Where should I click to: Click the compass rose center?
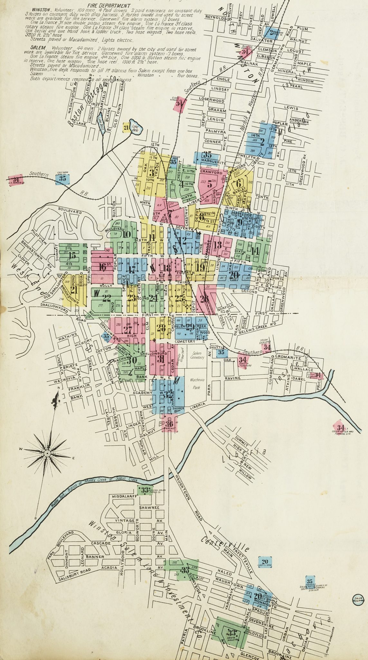pyautogui.click(x=47, y=453)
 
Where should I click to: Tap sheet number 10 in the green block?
pyautogui.click(x=127, y=234)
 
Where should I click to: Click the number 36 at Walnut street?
pyautogui.click(x=170, y=424)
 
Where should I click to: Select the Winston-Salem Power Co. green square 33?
pyautogui.click(x=144, y=490)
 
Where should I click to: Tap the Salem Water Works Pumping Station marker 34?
pyautogui.click(x=338, y=427)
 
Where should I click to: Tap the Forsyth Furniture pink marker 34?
pyautogui.click(x=244, y=360)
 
